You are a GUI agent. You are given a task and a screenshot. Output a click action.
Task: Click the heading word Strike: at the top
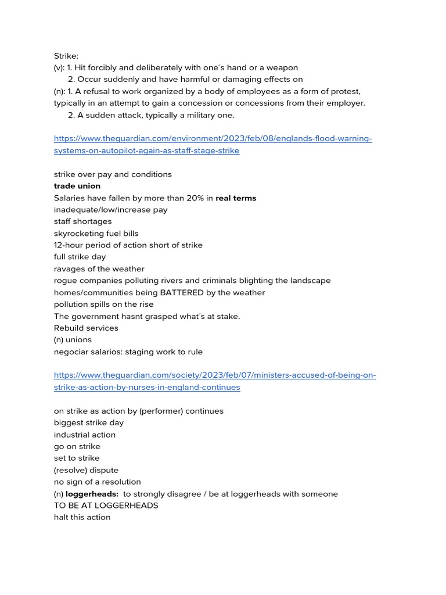coord(66,56)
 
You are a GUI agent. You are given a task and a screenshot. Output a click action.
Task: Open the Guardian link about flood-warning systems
coord(213,139)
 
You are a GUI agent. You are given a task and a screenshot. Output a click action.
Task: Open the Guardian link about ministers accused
coord(215,375)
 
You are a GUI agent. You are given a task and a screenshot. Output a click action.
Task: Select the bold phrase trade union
coord(77,186)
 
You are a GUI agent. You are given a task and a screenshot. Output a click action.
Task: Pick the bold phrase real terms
coord(236,198)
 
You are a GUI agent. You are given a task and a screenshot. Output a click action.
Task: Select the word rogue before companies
coord(65,281)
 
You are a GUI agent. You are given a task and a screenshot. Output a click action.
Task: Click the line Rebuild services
coord(86,328)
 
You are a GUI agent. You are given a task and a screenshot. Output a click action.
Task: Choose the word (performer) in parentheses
coord(155,411)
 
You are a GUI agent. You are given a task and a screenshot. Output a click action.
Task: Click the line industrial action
coord(85,435)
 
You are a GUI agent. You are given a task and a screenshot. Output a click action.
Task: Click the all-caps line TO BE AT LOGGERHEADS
coord(106,506)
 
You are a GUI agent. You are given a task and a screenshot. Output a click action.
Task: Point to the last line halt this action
coord(82,517)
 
